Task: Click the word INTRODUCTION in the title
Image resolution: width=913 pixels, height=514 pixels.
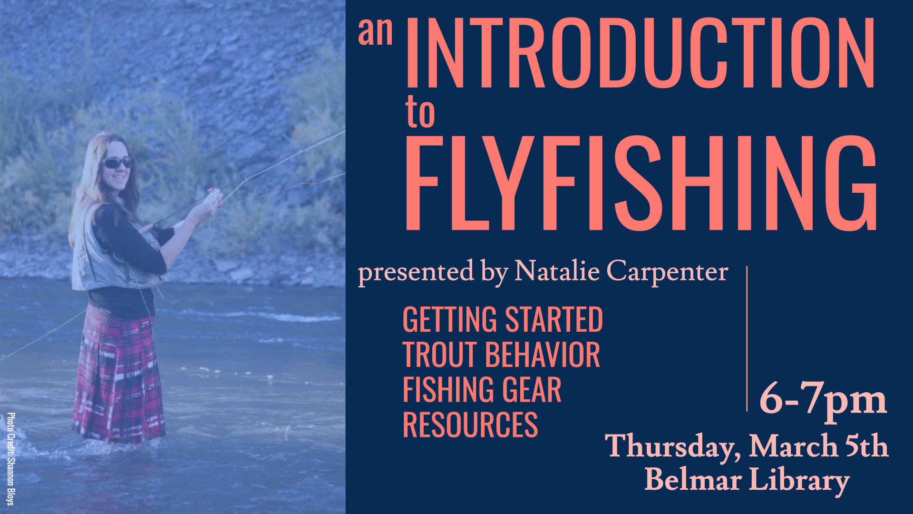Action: click(640, 53)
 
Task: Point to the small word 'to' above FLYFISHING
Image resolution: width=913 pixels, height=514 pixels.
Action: click(420, 113)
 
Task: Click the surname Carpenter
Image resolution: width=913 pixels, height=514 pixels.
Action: click(667, 272)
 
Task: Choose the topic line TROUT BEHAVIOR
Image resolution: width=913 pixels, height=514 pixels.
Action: click(501, 355)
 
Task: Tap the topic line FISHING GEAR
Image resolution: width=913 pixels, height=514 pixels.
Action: click(482, 390)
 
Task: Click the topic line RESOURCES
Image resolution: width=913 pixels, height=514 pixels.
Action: click(470, 425)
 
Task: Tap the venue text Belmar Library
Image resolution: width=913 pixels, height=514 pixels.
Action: click(747, 480)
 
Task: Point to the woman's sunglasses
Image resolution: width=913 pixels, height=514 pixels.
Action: click(117, 162)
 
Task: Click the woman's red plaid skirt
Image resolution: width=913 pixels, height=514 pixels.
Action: click(118, 376)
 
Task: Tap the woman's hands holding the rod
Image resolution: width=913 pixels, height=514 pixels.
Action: click(212, 199)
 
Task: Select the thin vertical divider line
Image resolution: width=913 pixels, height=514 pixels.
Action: click(747, 338)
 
